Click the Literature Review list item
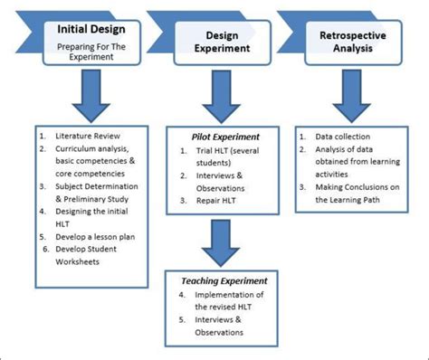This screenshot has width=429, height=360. [87, 136]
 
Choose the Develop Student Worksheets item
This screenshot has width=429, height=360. [91, 252]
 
